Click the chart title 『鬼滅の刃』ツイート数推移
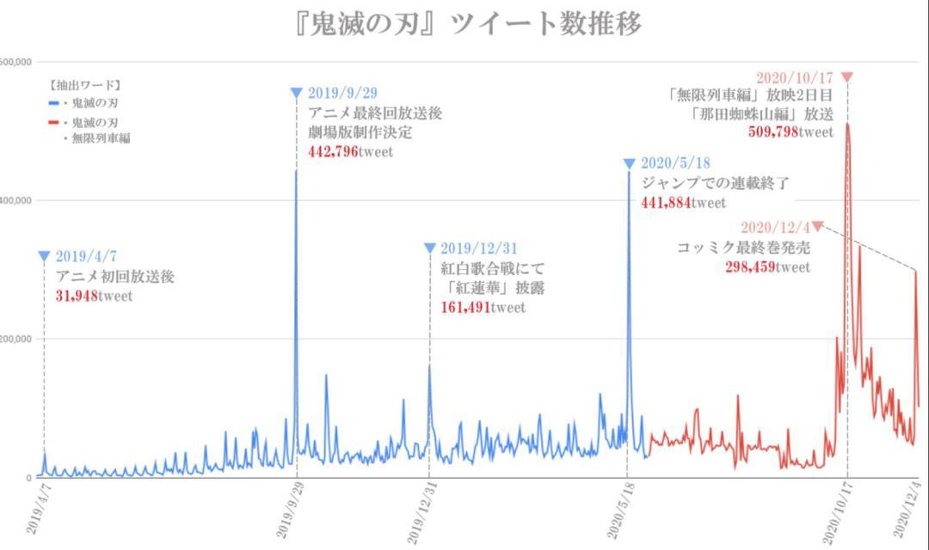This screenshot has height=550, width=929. (469, 23)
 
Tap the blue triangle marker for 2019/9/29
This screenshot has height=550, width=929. (297, 93)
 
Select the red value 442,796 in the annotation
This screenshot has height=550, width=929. (328, 152)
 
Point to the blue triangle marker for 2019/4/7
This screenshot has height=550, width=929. (44, 256)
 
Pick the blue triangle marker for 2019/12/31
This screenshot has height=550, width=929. (430, 248)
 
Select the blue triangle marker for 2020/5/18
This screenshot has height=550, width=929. (630, 163)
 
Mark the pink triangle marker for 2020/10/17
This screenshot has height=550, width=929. (847, 77)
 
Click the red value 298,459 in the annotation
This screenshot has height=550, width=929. (750, 267)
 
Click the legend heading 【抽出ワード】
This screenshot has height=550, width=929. (83, 85)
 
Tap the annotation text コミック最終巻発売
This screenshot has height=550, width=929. (743, 248)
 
